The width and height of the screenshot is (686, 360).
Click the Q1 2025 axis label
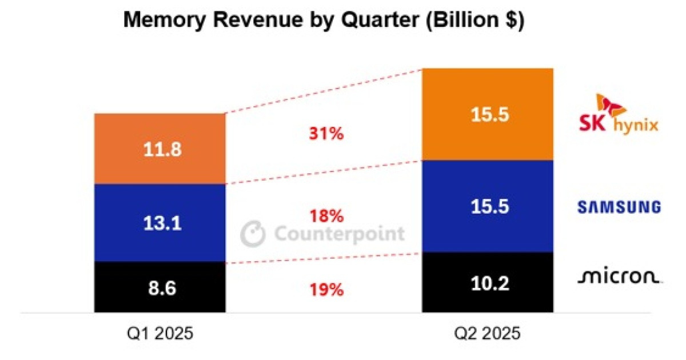pyautogui.click(x=159, y=334)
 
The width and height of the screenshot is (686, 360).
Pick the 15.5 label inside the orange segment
pyautogui.click(x=487, y=115)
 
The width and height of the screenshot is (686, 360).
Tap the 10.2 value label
pyautogui.click(x=487, y=283)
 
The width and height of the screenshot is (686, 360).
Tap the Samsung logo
pyautogui.click(x=619, y=207)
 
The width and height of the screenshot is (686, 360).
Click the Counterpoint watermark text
pyautogui.click(x=340, y=234)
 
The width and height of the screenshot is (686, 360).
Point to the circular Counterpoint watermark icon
pyautogui.click(x=253, y=234)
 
